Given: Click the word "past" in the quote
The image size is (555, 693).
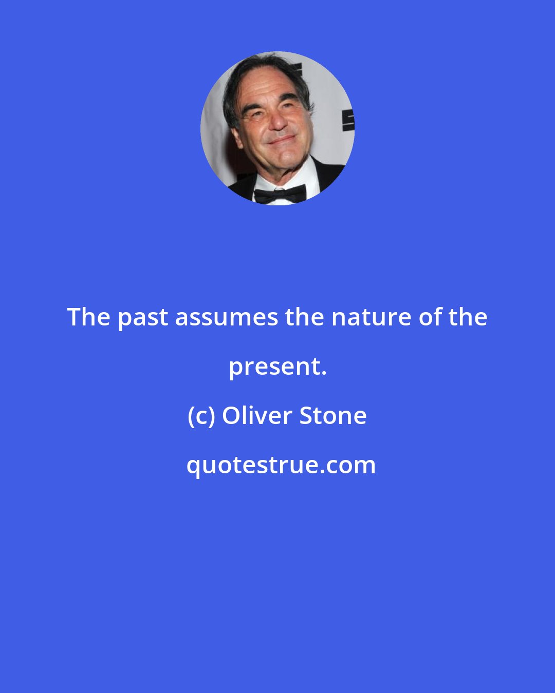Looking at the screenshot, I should click(142, 318).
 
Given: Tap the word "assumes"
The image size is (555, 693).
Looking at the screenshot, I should click(226, 318).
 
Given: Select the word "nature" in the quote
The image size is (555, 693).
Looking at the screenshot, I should click(371, 318).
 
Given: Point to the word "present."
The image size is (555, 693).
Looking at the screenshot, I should click(277, 367).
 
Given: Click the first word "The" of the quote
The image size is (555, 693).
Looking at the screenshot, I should click(88, 317).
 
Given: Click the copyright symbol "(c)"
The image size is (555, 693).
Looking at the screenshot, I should click(201, 416).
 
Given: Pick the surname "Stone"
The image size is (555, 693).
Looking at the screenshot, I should click(333, 415).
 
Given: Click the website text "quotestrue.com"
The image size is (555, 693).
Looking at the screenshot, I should click(281, 465).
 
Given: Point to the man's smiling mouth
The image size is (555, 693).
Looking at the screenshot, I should click(282, 140).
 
